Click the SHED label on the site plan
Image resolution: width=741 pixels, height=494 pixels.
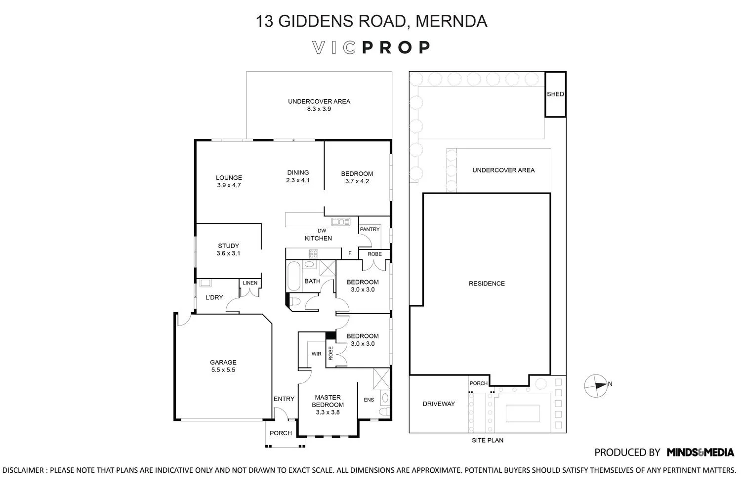(555, 94)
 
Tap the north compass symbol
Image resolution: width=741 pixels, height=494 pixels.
(596, 385)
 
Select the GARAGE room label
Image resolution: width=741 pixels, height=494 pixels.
(223, 362)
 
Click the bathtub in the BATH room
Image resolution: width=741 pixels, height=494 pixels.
(293, 277)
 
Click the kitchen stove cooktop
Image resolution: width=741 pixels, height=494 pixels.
(314, 254)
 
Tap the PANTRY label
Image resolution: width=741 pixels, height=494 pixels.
(370, 229)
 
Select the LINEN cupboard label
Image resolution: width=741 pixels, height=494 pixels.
(250, 283)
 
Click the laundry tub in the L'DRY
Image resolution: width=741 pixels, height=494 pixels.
(206, 283)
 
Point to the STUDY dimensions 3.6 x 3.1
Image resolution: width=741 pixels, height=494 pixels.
(228, 253)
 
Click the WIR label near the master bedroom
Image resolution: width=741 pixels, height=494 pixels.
(316, 354)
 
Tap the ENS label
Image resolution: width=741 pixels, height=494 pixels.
(369, 400)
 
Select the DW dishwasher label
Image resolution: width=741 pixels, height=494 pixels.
(322, 231)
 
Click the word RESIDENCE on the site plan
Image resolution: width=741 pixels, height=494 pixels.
(487, 284)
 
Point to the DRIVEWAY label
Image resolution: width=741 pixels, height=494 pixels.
(439, 404)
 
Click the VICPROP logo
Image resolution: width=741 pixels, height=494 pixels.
(371, 47)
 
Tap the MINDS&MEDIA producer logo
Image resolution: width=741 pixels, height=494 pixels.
(700, 452)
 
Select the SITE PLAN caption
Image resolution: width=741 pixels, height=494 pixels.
(487, 440)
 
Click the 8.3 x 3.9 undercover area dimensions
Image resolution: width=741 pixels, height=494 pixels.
(319, 109)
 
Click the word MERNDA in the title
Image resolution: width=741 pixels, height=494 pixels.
(451, 21)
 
